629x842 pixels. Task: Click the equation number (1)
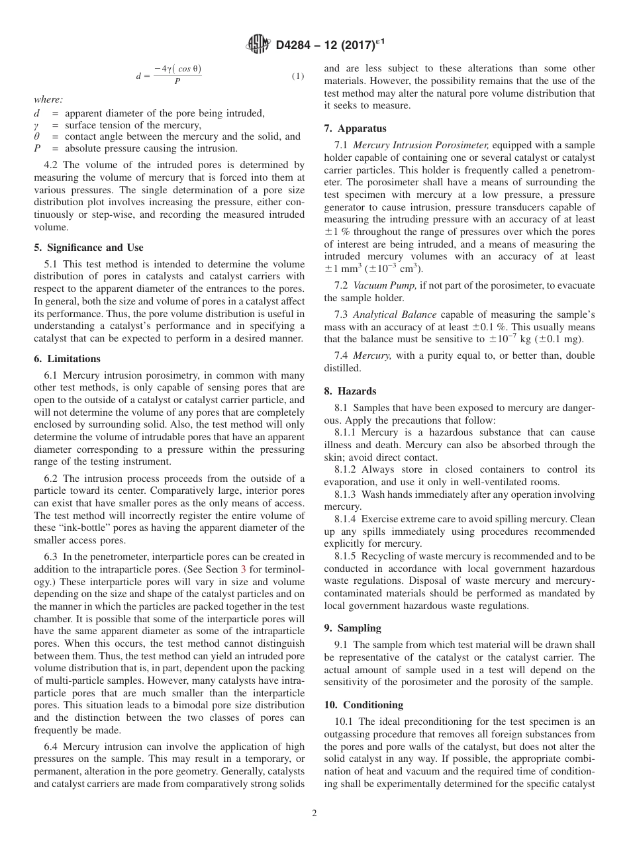click(297, 76)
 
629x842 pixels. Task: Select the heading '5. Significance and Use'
click(88, 248)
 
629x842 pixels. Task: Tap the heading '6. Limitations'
click(68, 359)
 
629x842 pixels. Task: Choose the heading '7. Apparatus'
click(356, 128)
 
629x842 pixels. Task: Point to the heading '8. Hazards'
click(350, 391)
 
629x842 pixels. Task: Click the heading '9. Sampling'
click(353, 628)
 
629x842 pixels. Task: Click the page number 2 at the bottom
click(314, 814)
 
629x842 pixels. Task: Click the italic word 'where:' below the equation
click(48, 99)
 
